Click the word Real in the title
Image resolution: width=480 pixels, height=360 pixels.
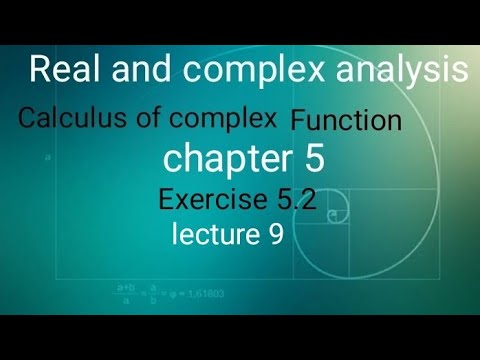coord(62,69)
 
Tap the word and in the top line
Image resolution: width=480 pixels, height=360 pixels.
coord(132,69)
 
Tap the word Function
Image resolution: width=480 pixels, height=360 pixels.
coord(346,122)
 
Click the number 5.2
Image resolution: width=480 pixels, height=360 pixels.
coord(298,199)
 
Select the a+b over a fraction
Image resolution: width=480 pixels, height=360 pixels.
coord(128,294)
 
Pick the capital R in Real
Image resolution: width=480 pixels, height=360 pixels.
coord(39,69)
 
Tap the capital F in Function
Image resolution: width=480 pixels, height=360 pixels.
coord(298,122)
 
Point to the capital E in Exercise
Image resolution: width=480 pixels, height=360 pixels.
coord(167,199)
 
